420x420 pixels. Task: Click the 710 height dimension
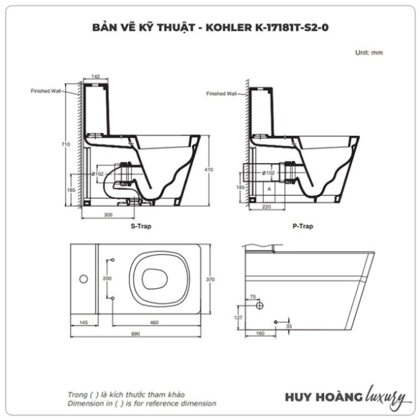point(66,144)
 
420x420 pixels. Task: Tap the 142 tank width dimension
point(96,77)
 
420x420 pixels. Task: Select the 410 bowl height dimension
point(209,170)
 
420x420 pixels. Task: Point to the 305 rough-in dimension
point(108,215)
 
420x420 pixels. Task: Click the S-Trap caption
point(141,226)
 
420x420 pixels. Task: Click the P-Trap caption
point(303,226)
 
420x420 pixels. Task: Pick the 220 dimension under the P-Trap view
point(266,207)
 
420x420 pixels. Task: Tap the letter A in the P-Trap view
point(269,189)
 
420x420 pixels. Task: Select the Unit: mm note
point(368,52)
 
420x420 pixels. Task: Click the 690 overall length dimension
point(135,333)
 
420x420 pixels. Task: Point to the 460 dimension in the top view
point(155,323)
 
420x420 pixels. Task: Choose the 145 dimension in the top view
point(84,323)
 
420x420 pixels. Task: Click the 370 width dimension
point(210,279)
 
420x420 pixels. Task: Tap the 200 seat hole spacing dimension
point(107,278)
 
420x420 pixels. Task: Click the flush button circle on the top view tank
point(84,279)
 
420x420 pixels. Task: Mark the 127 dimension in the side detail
point(238,318)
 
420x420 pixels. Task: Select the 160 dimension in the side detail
point(260,333)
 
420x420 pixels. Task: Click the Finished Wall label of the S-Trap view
point(46,91)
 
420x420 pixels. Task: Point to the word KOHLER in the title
point(229,27)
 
